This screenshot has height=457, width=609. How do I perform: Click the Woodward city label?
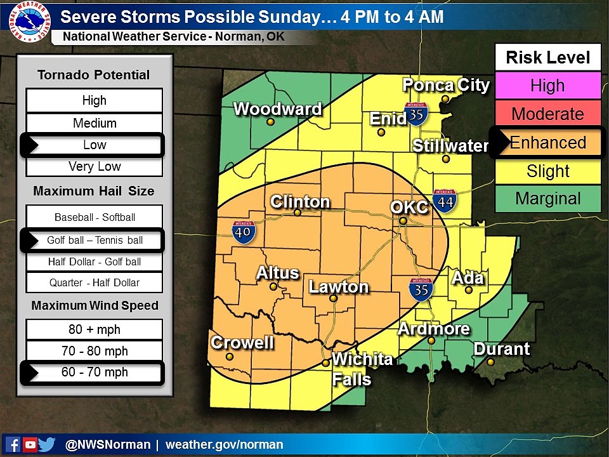click(x=277, y=109)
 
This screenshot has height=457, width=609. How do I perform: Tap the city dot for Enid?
click(x=381, y=133)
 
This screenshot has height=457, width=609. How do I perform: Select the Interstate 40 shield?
click(x=244, y=232)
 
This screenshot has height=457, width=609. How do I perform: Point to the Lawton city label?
click(x=338, y=287)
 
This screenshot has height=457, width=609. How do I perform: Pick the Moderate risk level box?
click(x=547, y=114)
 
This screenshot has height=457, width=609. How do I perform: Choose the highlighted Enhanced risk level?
click(x=547, y=143)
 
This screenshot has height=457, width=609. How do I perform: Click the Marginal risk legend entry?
click(x=547, y=199)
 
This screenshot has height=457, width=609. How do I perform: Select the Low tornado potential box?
click(x=95, y=145)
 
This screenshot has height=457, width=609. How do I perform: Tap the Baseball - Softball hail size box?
click(x=95, y=217)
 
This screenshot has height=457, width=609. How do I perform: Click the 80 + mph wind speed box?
click(x=95, y=329)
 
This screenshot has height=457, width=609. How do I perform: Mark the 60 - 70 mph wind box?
click(x=95, y=373)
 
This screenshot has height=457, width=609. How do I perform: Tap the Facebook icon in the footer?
click(x=12, y=445)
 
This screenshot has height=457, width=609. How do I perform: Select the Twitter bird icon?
click(x=47, y=445)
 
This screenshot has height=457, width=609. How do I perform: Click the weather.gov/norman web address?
click(x=224, y=445)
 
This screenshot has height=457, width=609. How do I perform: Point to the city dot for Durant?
click(x=491, y=362)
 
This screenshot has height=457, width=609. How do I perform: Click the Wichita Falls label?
click(x=362, y=369)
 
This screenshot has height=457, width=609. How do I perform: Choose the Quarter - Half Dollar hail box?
click(x=95, y=282)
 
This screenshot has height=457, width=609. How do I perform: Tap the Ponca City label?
click(x=447, y=85)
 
